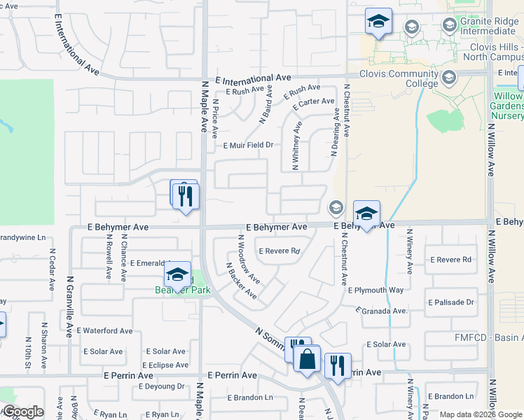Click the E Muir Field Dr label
(x=247, y=146)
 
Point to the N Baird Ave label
(x=265, y=106)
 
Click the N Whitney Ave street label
(x=296, y=145)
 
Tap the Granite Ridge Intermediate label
(x=488, y=26)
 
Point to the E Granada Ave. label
(x=382, y=310)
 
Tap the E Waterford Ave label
(x=104, y=330)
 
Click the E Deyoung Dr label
(x=161, y=386)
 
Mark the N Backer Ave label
(x=240, y=280)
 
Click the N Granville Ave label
(x=69, y=306)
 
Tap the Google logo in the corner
(x=22, y=412)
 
